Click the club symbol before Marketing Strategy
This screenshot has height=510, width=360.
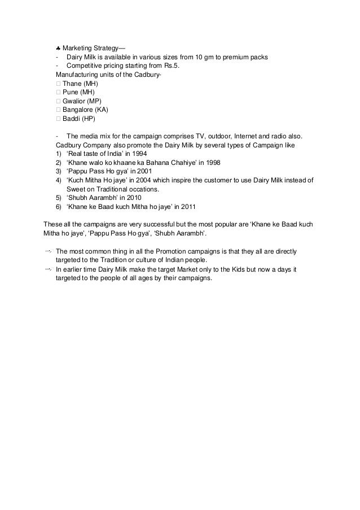click(x=58, y=47)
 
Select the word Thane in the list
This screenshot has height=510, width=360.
click(x=72, y=84)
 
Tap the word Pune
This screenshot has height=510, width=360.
click(x=71, y=92)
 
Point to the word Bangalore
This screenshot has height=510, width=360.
click(x=78, y=110)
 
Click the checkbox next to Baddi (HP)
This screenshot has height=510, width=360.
click(x=58, y=119)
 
